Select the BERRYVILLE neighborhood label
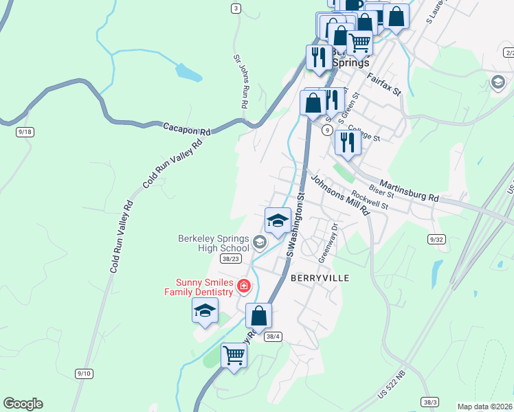pyautogui.click(x=320, y=278)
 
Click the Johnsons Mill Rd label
pyautogui.click(x=339, y=196)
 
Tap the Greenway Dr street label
pyautogui.click(x=329, y=242)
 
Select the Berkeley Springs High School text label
pyautogui.click(x=213, y=243)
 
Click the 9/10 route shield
pyautogui.click(x=85, y=373)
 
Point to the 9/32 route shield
pyautogui.click(x=436, y=239)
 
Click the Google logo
pyautogui.click(x=23, y=404)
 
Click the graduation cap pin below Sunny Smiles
pyautogui.click(x=205, y=310)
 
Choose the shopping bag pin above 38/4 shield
pyautogui.click(x=259, y=317)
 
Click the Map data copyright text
pyautogui.click(x=484, y=407)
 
